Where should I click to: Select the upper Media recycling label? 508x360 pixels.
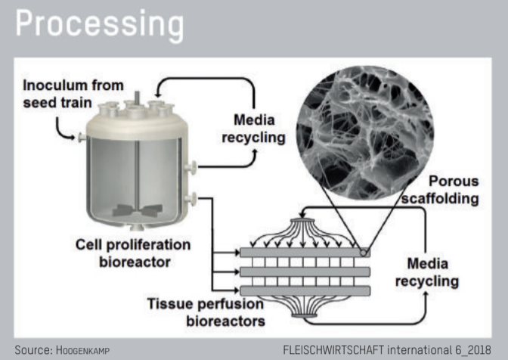coord(259,129)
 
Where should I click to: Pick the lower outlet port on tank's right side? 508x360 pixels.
coord(194,198)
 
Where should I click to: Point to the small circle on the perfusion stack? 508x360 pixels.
coord(365,251)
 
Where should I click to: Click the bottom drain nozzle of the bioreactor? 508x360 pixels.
coord(136,228)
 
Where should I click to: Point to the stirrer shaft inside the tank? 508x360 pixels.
coord(136,174)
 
